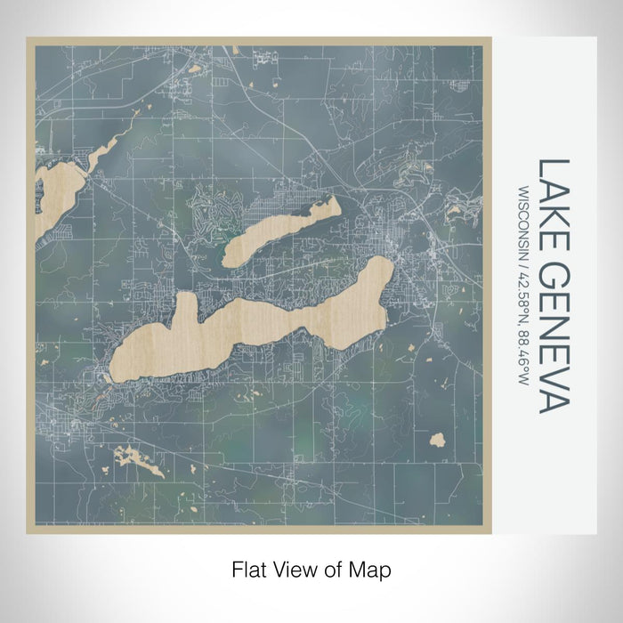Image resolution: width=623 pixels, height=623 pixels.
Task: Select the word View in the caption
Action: point(289,568)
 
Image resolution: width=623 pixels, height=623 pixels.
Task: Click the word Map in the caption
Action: point(373,568)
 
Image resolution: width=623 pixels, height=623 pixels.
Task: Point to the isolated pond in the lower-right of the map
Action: point(436,439)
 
